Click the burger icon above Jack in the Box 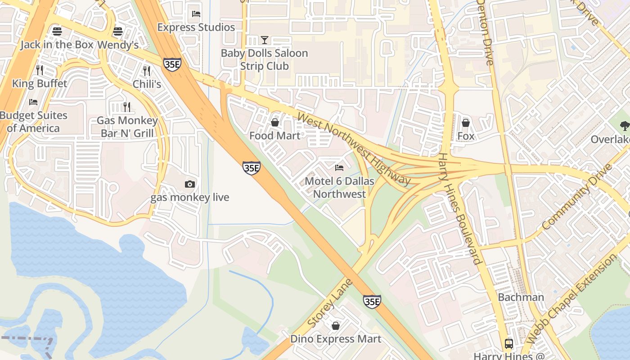tap(57, 31)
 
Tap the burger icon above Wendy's tap(118, 31)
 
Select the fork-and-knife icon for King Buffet tap(40, 70)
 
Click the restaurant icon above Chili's tap(146, 71)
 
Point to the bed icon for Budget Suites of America tap(33, 102)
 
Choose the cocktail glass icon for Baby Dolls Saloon tap(265, 40)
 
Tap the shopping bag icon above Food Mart tap(274, 122)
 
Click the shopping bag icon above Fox tap(466, 123)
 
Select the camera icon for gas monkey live tap(190, 184)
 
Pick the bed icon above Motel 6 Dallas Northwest tap(339, 168)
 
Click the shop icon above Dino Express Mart tap(335, 326)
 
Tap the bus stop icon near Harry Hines tap(509, 344)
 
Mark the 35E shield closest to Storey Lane tap(372, 301)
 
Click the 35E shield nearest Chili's tap(172, 64)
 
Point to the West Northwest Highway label tap(354, 149)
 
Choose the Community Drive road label tap(577, 197)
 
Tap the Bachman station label tap(521, 297)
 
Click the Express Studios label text tap(196, 27)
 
